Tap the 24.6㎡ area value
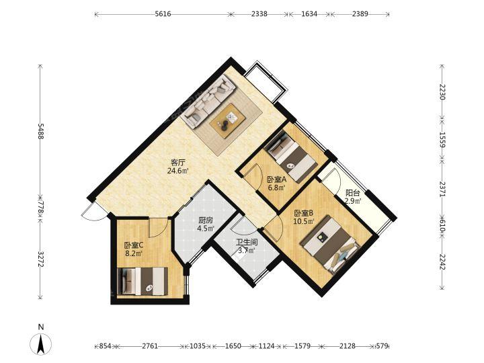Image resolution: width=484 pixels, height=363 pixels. pos(177,171)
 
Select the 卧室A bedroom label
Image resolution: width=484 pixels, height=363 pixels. pos(277,179)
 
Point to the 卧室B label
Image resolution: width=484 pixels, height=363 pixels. pos(304,213)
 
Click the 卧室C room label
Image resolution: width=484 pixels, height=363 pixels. pos(134,246)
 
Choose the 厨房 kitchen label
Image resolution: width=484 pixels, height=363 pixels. pos(206,220)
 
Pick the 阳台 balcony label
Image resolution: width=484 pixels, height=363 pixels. pos(352,193)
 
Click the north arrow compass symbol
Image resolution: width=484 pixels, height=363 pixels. pos(41,343)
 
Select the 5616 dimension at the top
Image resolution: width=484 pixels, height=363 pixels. pos(163,14)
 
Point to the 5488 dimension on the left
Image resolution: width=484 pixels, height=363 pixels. pos(40,131)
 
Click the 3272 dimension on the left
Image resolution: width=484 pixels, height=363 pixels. pos(40,259)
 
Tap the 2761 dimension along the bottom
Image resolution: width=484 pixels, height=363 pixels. pos(150,346)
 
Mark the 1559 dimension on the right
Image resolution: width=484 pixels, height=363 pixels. pos(442,140)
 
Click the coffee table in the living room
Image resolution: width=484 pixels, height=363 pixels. pos(227,120)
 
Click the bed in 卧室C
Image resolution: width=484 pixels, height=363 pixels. pos(143,281)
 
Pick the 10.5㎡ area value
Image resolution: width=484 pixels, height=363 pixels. pos(304,221)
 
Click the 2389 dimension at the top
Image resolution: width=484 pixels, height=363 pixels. pos(360,14)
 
